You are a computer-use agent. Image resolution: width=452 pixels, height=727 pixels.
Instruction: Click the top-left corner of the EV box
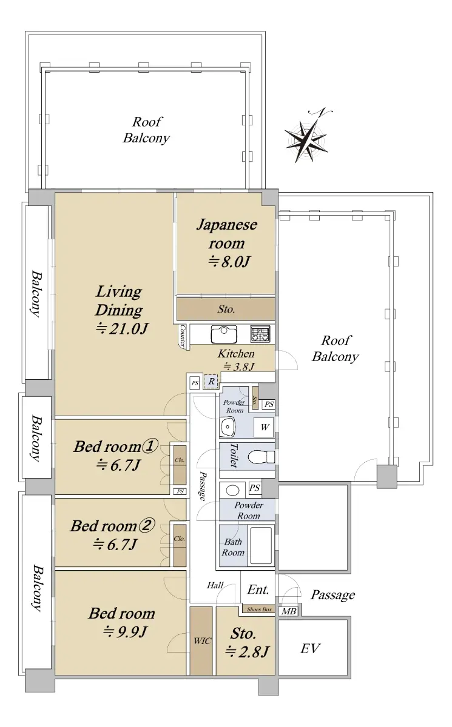(x=280, y=620)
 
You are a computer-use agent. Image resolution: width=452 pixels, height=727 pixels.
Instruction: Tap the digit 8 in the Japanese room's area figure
(x=226, y=262)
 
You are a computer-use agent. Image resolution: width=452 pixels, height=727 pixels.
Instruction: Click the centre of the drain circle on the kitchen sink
(x=224, y=330)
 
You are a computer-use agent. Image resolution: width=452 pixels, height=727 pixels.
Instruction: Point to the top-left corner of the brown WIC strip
(x=191, y=607)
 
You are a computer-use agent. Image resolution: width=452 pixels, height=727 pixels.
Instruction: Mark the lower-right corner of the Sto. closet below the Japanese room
(x=275, y=319)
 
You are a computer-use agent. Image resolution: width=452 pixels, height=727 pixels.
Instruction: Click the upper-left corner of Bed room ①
(x=55, y=420)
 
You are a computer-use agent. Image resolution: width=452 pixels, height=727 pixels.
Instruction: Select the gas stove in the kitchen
(x=260, y=334)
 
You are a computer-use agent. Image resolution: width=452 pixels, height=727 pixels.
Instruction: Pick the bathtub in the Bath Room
(x=261, y=546)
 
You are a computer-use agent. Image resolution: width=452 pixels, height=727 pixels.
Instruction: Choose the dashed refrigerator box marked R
(x=211, y=381)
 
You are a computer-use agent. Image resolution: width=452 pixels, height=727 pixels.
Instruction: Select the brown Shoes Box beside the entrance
(x=258, y=609)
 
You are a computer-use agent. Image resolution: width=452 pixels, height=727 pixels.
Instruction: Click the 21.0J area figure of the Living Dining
(x=122, y=329)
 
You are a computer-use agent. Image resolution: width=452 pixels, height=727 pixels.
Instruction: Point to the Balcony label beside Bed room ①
(x=36, y=438)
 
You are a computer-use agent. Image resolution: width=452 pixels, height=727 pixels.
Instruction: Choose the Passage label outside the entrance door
(x=332, y=595)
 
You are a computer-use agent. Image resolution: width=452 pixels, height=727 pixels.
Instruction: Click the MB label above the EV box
(x=289, y=611)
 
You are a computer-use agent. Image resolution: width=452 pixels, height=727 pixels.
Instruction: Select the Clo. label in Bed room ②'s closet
(x=179, y=539)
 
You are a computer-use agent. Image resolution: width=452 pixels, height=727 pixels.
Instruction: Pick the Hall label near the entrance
(x=215, y=585)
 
